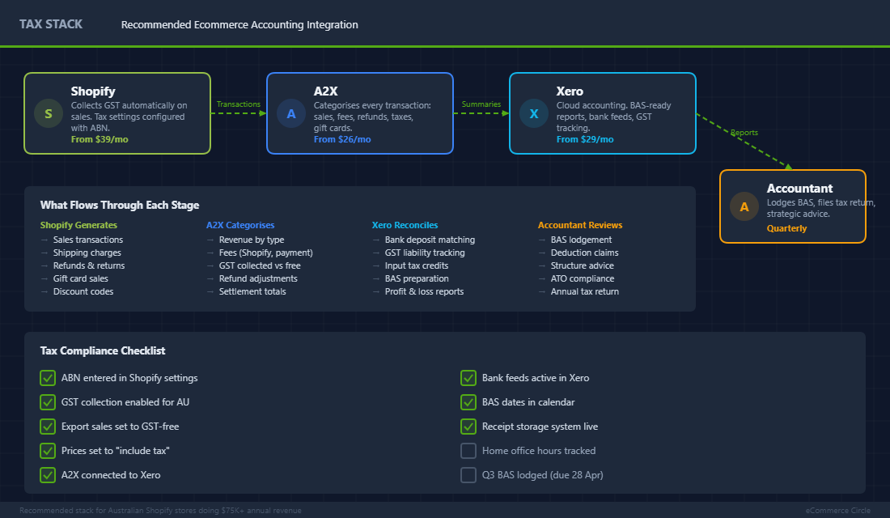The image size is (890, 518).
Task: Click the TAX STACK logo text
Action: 51,24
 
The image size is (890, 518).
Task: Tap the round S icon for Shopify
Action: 49,113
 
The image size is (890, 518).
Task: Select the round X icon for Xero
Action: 534,113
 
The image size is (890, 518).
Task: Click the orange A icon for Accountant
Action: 744,206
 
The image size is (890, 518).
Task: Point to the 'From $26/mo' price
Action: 342,139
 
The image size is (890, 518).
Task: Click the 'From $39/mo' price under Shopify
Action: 100,139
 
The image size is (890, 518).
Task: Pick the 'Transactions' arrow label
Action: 239,104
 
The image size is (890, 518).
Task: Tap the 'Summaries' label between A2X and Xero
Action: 481,104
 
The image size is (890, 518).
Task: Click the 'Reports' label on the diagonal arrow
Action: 744,133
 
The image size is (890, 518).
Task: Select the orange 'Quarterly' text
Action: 786,228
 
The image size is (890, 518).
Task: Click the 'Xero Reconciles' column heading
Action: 405,225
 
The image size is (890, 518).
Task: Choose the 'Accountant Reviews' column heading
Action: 580,225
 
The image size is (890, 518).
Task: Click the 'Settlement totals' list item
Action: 252,291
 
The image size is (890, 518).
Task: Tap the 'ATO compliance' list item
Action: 582,278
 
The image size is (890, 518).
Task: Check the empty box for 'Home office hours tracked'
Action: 468,451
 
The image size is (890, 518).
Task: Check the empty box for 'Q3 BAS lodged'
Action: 468,475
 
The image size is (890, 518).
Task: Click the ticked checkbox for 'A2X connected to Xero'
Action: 48,475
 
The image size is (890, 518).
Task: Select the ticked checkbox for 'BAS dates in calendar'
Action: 468,402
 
